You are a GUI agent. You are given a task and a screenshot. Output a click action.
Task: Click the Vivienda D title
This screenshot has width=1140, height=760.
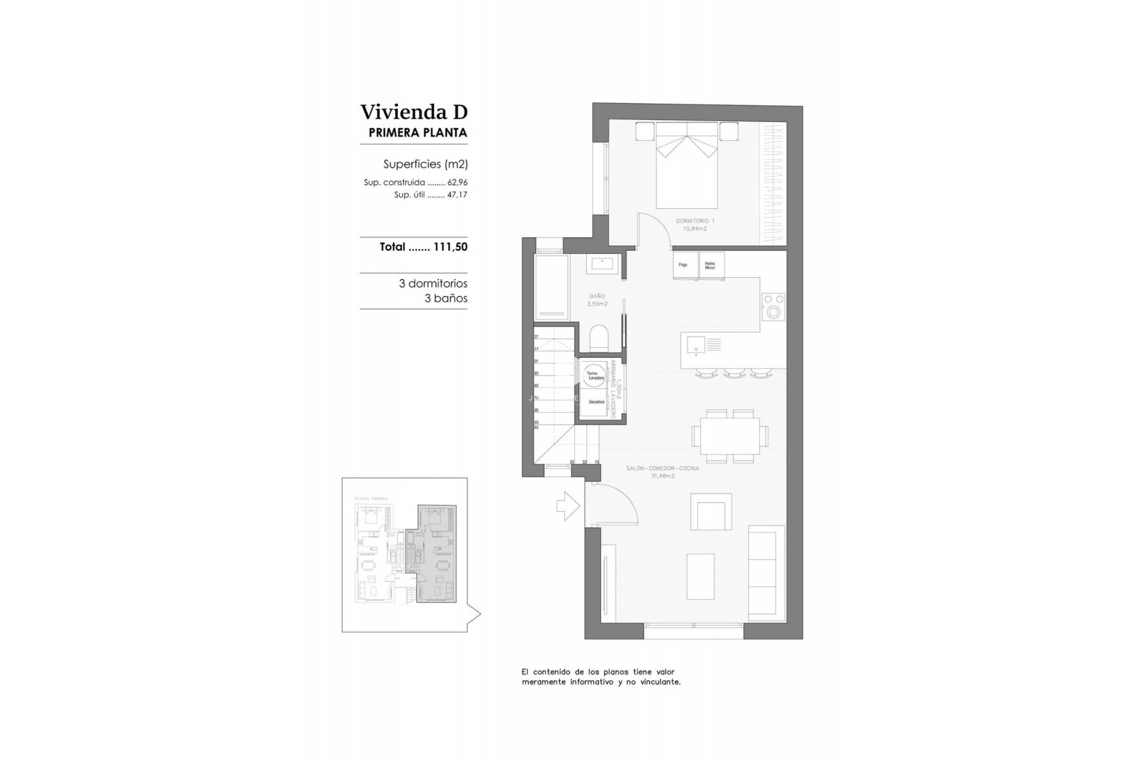[414, 112]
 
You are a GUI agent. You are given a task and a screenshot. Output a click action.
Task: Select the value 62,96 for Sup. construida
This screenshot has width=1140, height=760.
[457, 183]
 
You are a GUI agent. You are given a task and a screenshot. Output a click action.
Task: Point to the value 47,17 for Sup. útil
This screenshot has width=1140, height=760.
[457, 195]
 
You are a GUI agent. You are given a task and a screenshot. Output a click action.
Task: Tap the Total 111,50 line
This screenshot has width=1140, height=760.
[423, 247]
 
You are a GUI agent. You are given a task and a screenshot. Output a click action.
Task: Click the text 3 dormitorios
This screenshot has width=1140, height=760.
[433, 284]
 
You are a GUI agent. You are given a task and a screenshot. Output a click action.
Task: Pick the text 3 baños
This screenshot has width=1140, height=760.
[445, 299]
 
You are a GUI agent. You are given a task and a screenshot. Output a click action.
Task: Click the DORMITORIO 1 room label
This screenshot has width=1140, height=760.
[695, 224]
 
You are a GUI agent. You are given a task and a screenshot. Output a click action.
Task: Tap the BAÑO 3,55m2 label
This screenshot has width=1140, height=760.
[597, 299]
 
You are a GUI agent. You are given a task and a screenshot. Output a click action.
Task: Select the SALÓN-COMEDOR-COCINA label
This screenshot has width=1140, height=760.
[662, 471]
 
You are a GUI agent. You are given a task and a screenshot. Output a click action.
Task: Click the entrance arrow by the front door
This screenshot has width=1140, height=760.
[568, 506]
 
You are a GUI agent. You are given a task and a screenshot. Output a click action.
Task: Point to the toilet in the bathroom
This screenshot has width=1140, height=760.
[599, 338]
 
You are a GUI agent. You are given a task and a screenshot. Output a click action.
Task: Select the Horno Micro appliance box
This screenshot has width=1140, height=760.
[711, 265]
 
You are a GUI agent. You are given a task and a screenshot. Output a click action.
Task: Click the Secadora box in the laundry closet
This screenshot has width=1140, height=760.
[596, 403]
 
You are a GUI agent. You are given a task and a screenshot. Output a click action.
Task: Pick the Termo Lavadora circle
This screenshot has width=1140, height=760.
[594, 375]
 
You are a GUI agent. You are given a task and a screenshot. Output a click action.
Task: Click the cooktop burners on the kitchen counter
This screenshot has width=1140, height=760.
[773, 306]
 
